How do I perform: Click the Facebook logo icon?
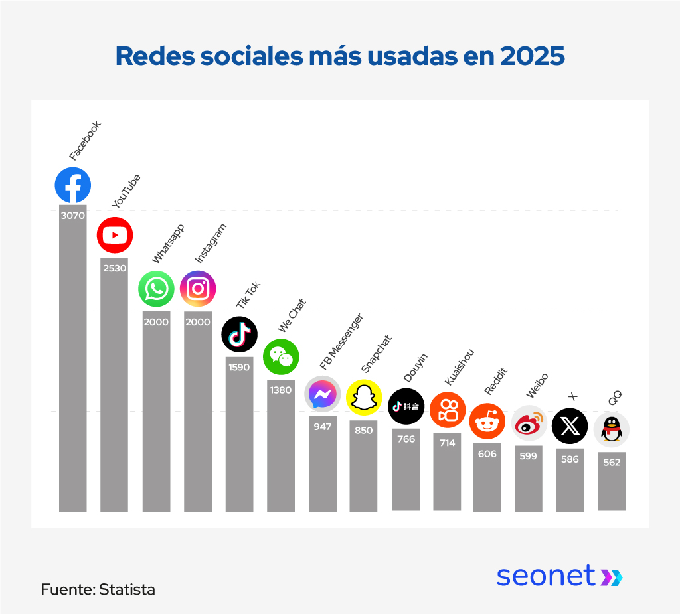pos(73,185)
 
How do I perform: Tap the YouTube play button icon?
pos(115,235)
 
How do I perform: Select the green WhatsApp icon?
pos(156,289)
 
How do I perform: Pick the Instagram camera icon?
pos(198,289)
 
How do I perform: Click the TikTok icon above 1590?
pos(239,334)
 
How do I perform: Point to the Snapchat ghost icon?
pos(364,398)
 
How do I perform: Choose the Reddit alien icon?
pos(487,421)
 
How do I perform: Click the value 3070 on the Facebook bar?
pos(73,216)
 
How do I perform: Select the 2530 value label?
pos(115,268)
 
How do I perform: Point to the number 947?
pos(323,427)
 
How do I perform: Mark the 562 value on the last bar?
pos(612,463)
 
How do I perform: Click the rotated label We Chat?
pos(292,316)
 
